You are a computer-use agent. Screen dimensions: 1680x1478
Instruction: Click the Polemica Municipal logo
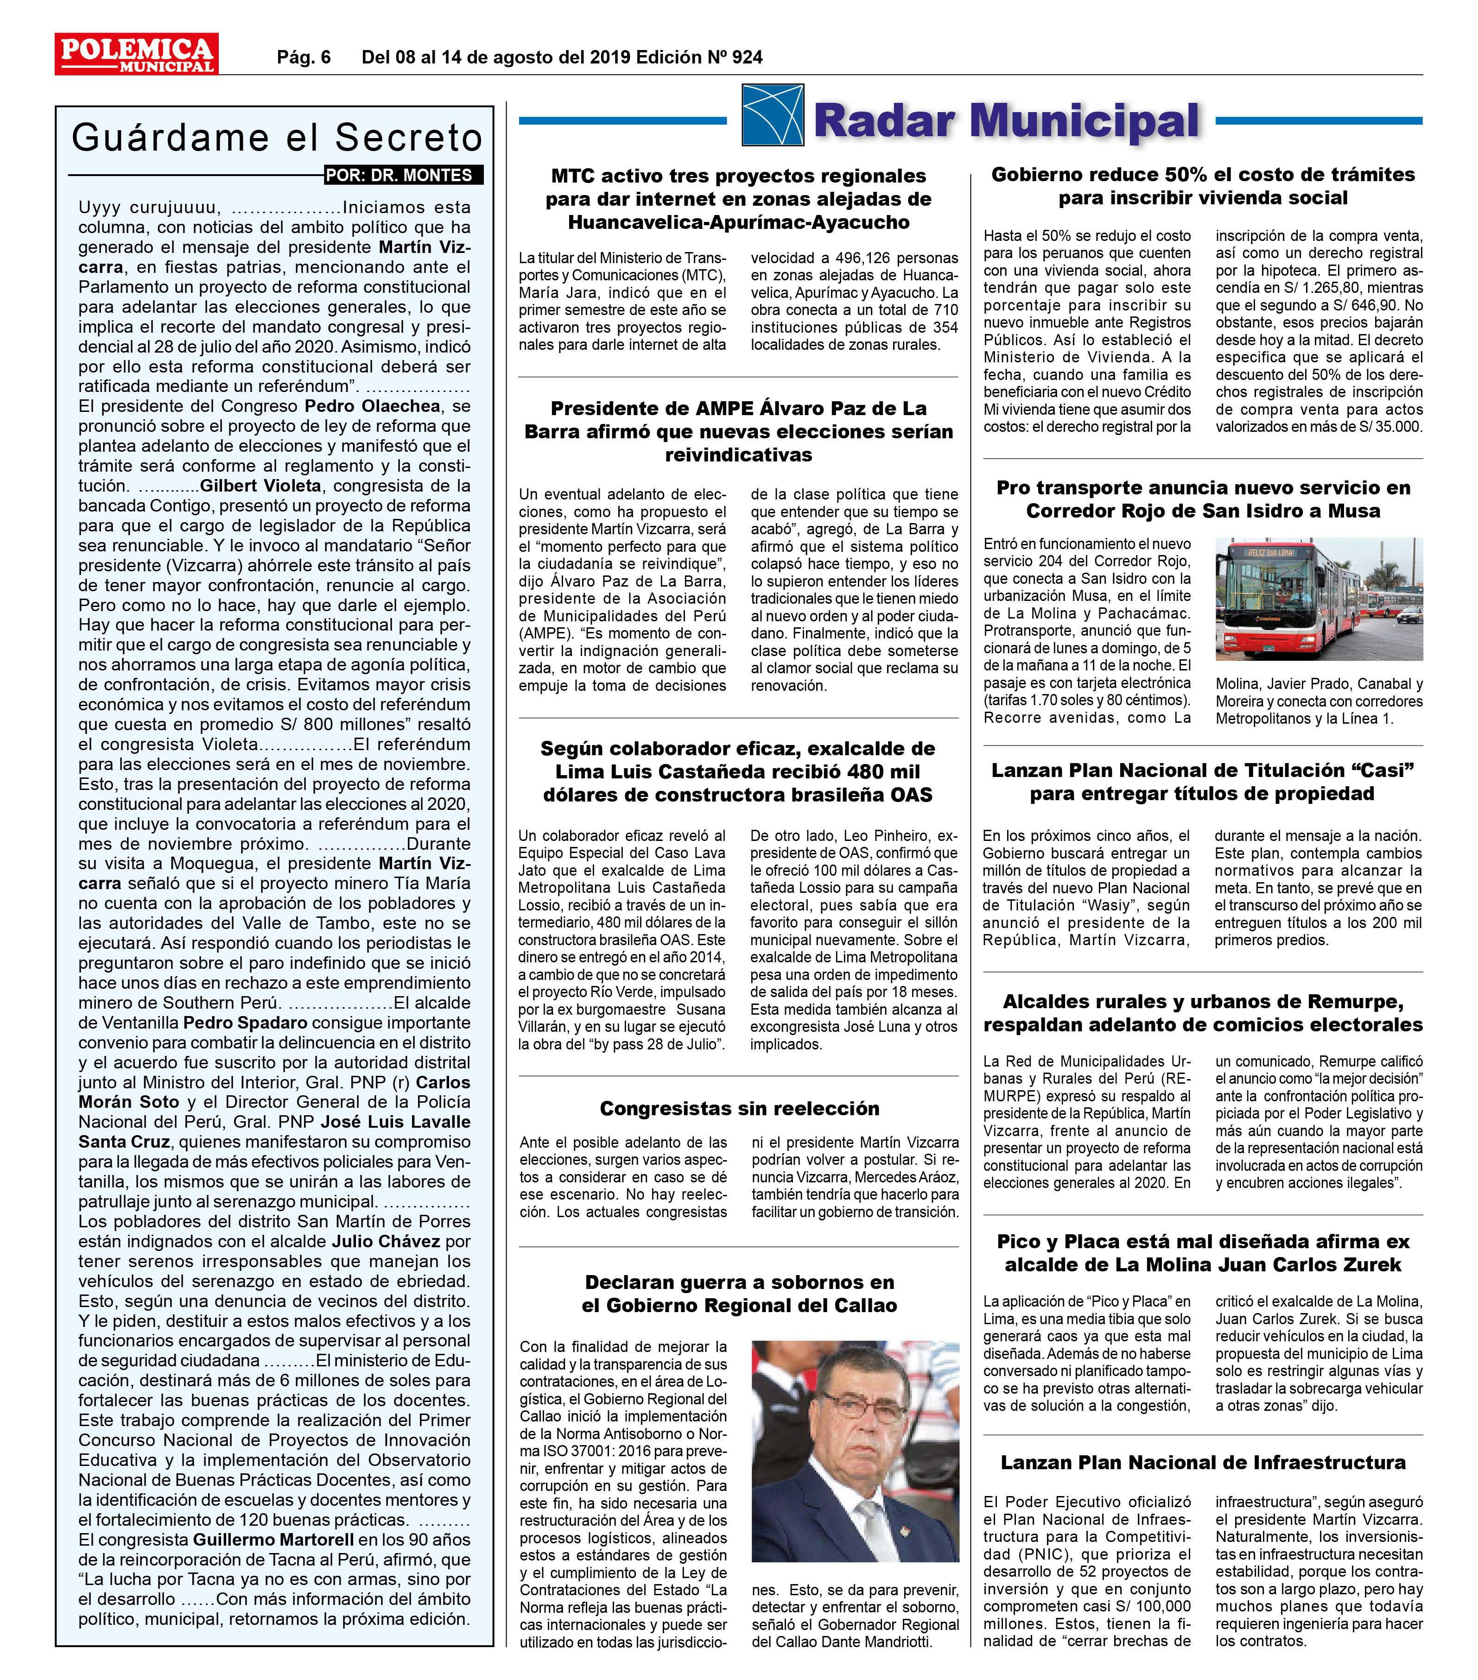pyautogui.click(x=136, y=54)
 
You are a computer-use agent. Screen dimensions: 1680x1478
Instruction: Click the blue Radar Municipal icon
pyautogui.click(x=772, y=115)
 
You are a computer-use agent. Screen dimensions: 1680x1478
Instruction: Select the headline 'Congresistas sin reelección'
pyautogui.click(x=739, y=1108)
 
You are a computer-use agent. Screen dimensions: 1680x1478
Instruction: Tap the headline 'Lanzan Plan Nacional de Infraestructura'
pyautogui.click(x=1203, y=1462)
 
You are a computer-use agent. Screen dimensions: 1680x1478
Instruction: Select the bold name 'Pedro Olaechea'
pyautogui.click(x=372, y=406)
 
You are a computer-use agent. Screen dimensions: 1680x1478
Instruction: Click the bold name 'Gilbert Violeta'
pyautogui.click(x=260, y=486)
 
